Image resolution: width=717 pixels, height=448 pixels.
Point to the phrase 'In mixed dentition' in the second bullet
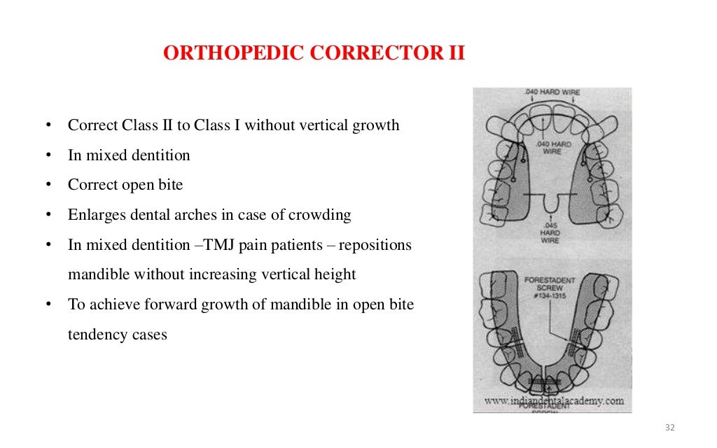tap(129, 155)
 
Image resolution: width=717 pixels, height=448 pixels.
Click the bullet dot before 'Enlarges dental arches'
tap(48, 215)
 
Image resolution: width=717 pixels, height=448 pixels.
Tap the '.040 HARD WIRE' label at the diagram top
tap(552, 92)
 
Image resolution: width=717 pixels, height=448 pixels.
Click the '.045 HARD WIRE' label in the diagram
tap(550, 233)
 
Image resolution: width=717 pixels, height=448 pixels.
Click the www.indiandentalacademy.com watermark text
tap(553, 400)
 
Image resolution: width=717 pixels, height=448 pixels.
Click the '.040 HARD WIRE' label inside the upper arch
tap(552, 147)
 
